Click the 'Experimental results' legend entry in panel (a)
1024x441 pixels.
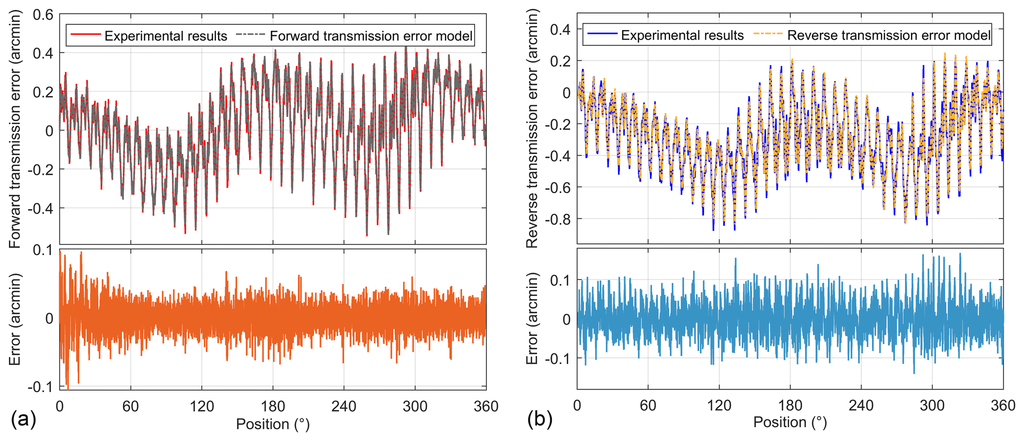(165, 36)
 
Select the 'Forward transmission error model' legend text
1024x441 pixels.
(371, 36)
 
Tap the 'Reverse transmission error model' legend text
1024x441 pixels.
(889, 36)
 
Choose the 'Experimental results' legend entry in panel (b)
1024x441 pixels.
(682, 36)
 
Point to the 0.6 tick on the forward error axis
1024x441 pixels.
(43, 15)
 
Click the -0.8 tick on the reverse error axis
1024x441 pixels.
(557, 219)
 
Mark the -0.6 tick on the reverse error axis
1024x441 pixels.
(557, 188)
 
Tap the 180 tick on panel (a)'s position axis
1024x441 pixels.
(272, 406)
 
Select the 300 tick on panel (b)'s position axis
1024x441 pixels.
(932, 405)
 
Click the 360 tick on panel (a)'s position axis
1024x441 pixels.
(485, 406)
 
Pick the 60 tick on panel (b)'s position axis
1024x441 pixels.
(648, 405)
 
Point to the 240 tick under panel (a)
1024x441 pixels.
(344, 406)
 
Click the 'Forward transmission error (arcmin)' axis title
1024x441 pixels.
(15, 130)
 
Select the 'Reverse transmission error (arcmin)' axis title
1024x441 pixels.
(532, 129)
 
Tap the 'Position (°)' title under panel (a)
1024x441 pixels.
(272, 424)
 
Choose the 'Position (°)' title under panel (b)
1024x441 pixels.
(790, 422)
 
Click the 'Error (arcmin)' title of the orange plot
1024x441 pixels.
(15, 319)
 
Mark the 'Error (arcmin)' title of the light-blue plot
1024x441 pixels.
(532, 318)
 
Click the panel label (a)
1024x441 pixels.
(23, 420)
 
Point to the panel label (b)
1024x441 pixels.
(540, 420)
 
